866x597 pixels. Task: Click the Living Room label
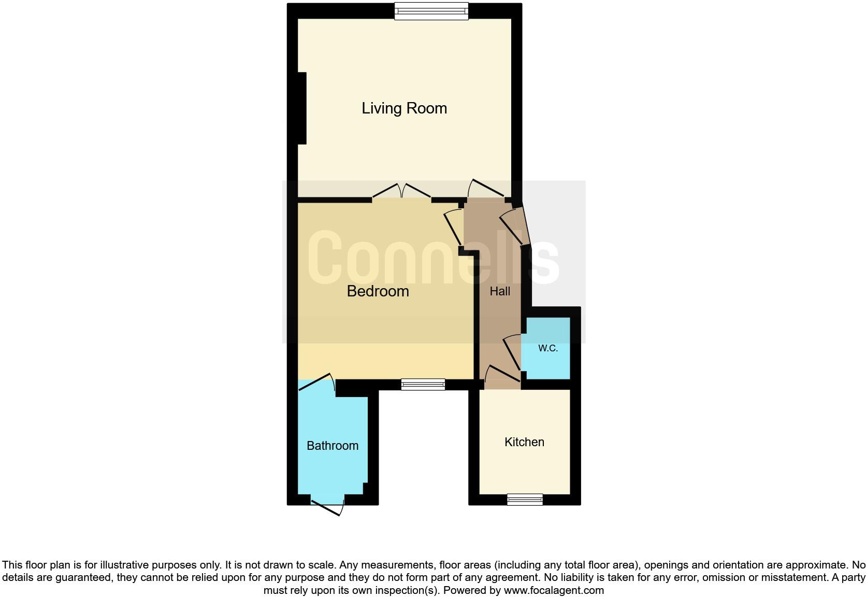pyautogui.click(x=404, y=108)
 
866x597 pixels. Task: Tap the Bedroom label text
pyautogui.click(x=378, y=291)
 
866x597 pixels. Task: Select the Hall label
pyautogui.click(x=500, y=292)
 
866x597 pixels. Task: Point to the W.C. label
pyautogui.click(x=547, y=348)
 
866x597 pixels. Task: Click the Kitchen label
pyautogui.click(x=524, y=442)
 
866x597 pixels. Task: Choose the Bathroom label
pyautogui.click(x=333, y=446)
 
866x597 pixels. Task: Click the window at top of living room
pyautogui.click(x=431, y=11)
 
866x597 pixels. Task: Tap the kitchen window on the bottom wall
pyautogui.click(x=525, y=499)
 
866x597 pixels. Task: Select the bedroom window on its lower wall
pyautogui.click(x=423, y=384)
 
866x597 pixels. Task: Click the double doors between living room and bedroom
pyautogui.click(x=402, y=192)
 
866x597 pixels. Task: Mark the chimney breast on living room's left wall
pyautogui.click(x=302, y=108)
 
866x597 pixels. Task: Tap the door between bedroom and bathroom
pyautogui.click(x=317, y=383)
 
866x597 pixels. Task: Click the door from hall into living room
pyautogui.click(x=486, y=190)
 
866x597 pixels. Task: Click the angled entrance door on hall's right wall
pyautogui.click(x=516, y=226)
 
